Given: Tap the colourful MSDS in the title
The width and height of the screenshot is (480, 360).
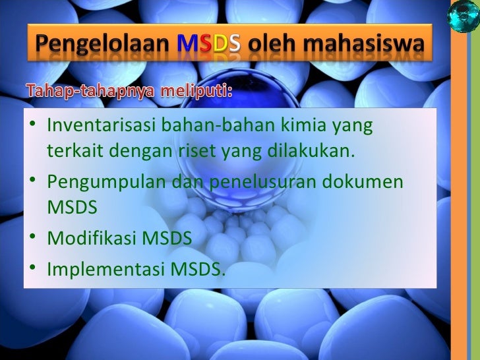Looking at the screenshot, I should point(208,45).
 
